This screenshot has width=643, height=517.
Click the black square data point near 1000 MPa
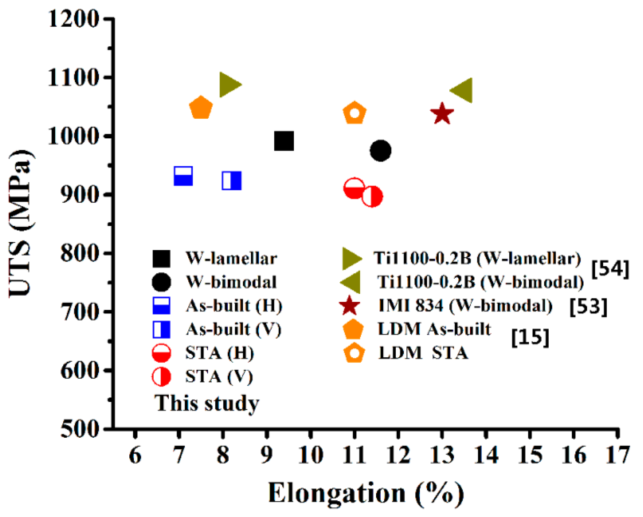coord(284,141)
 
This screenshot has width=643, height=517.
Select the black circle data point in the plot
coord(380,150)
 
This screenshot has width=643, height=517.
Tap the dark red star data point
coord(442,113)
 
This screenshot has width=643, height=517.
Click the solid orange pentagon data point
coord(201,108)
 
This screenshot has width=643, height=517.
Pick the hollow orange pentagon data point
coord(354,113)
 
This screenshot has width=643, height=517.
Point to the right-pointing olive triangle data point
coord(229,85)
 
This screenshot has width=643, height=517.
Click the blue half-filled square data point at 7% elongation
coord(183,176)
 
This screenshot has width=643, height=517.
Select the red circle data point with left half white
coord(372,197)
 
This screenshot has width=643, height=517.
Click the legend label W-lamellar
coord(231,258)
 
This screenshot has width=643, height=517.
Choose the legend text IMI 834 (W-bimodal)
coord(465,306)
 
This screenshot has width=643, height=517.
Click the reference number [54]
coord(610,269)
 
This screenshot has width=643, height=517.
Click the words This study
coord(207,403)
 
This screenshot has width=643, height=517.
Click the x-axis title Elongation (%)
coord(366,493)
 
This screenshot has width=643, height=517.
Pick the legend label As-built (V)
coord(234,329)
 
